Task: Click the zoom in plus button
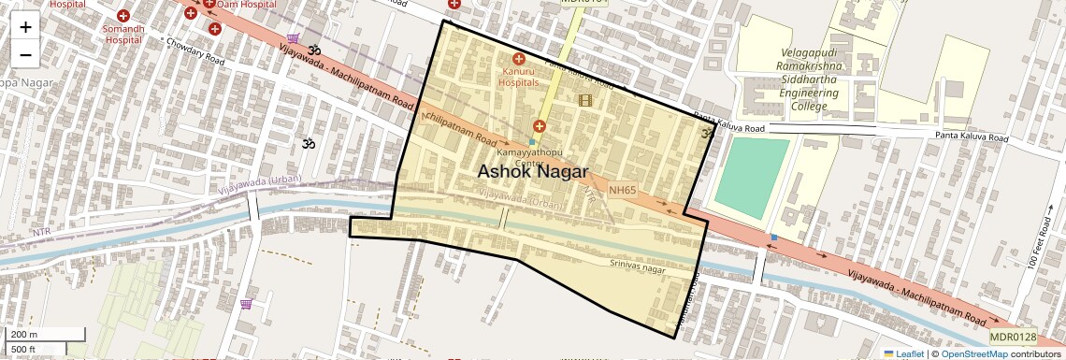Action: point(25,27)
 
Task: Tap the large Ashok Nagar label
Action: point(532,172)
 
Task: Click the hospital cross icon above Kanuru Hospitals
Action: point(518,59)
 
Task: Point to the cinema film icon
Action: point(586,100)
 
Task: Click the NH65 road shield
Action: point(622,190)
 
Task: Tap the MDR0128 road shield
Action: point(1013,337)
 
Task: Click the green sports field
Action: point(756,178)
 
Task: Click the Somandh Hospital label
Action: point(128,35)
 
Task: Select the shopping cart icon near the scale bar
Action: point(246,303)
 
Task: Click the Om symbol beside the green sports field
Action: point(708,134)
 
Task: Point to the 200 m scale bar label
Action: point(24,335)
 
